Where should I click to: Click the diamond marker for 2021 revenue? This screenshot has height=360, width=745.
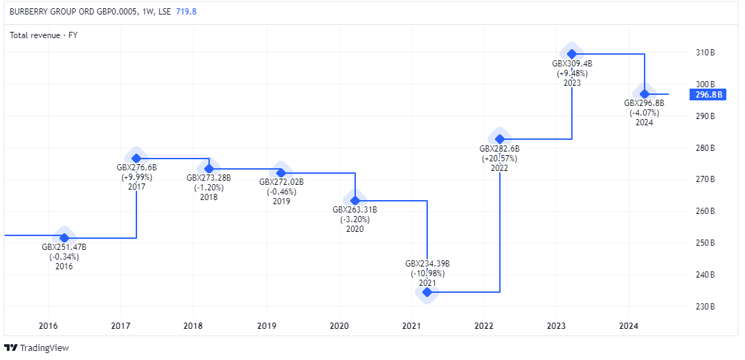click(x=427, y=292)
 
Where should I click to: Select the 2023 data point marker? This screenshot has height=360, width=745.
click(x=572, y=53)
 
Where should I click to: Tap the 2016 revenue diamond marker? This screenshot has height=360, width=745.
click(x=64, y=237)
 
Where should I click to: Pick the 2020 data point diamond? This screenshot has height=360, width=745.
click(x=355, y=201)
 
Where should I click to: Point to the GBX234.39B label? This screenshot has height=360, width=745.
click(x=427, y=264)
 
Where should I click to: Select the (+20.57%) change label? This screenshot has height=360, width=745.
click(x=499, y=159)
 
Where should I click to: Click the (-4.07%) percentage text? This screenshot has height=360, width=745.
click(x=644, y=113)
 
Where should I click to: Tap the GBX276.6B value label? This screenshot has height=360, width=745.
click(x=136, y=168)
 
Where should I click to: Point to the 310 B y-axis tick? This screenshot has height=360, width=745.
click(x=706, y=53)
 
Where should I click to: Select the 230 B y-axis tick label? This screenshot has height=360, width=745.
click(x=706, y=307)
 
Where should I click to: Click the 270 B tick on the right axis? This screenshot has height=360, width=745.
click(x=706, y=179)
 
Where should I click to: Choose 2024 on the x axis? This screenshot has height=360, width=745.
click(x=628, y=326)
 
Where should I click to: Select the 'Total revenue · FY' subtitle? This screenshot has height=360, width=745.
click(x=44, y=35)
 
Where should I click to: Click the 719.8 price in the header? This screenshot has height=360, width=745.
click(x=186, y=12)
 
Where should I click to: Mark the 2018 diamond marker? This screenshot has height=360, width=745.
click(x=208, y=169)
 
